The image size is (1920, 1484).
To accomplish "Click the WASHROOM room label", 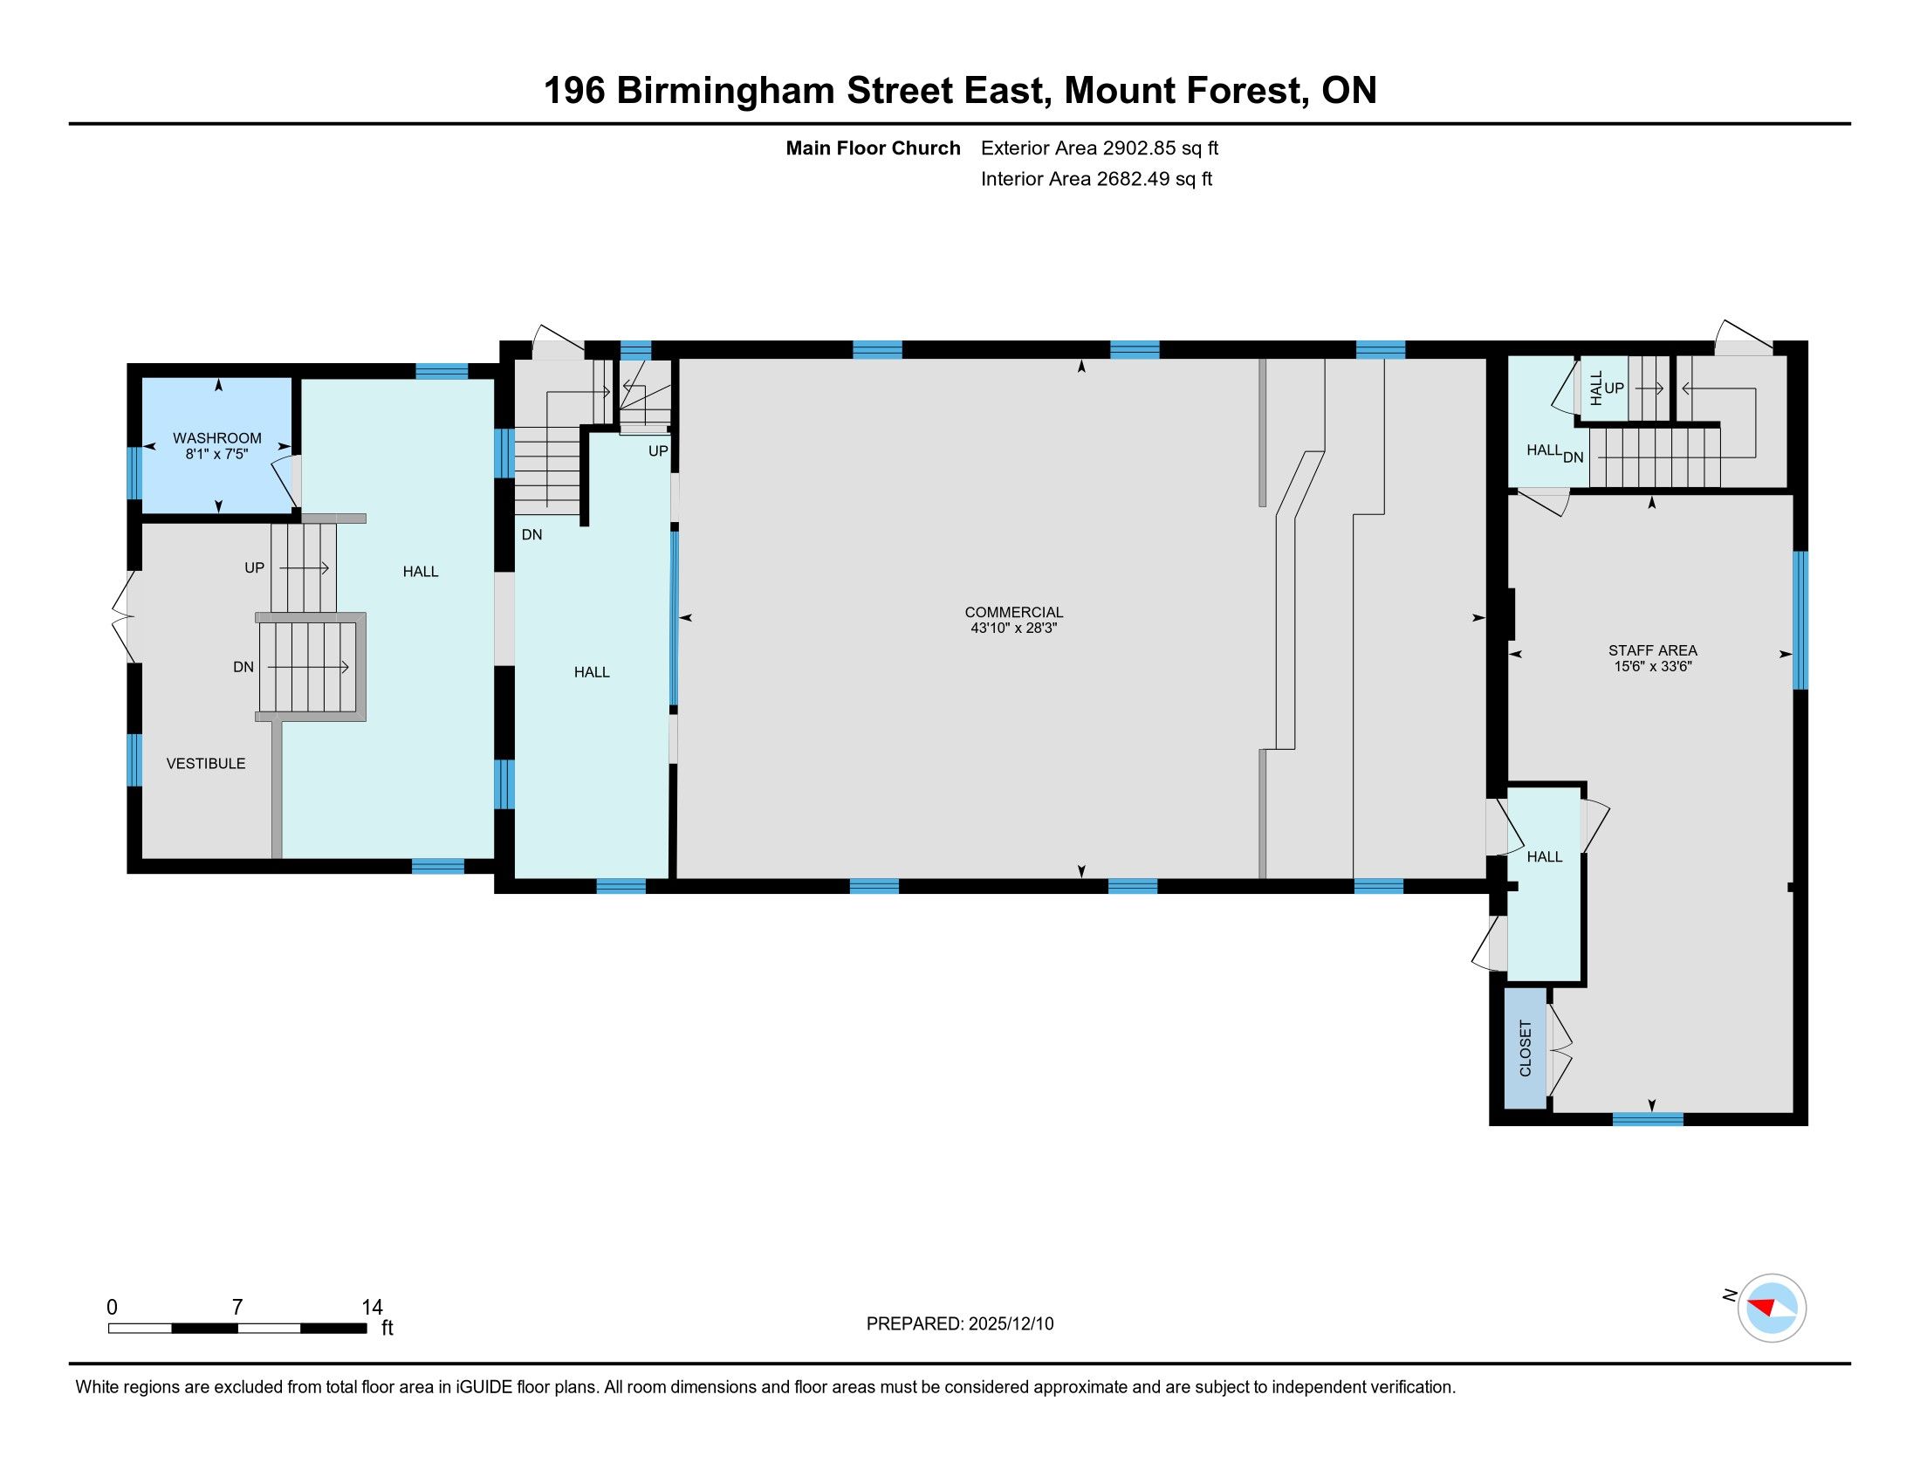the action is (x=217, y=438).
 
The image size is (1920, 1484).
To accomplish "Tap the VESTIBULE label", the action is (x=206, y=763).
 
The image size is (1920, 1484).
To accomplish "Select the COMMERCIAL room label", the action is (x=1013, y=612).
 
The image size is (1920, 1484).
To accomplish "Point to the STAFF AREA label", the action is (x=1653, y=650).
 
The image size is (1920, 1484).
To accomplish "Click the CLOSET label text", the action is (x=1526, y=1048).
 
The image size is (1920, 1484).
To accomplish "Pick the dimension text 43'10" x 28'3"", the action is (x=1013, y=629).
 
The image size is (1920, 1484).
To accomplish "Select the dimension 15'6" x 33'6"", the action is (x=1653, y=667).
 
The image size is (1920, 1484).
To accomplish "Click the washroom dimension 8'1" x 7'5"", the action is (x=217, y=455).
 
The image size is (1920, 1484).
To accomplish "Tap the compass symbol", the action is (x=1772, y=1308).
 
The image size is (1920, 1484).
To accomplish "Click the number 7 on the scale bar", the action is (x=237, y=1308).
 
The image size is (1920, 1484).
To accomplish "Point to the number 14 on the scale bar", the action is (x=372, y=1308).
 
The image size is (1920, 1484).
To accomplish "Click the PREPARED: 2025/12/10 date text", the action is (x=960, y=1324).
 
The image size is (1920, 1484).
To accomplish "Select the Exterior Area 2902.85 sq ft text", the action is (x=1100, y=148).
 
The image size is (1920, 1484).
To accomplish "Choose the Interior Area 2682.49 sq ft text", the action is (x=1096, y=178).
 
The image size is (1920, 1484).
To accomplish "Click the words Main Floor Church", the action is (x=873, y=148).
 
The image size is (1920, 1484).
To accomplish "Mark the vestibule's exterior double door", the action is (x=125, y=618).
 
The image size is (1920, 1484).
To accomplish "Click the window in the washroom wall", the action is (x=134, y=473).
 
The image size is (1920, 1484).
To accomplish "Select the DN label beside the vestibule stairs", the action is (x=243, y=667).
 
